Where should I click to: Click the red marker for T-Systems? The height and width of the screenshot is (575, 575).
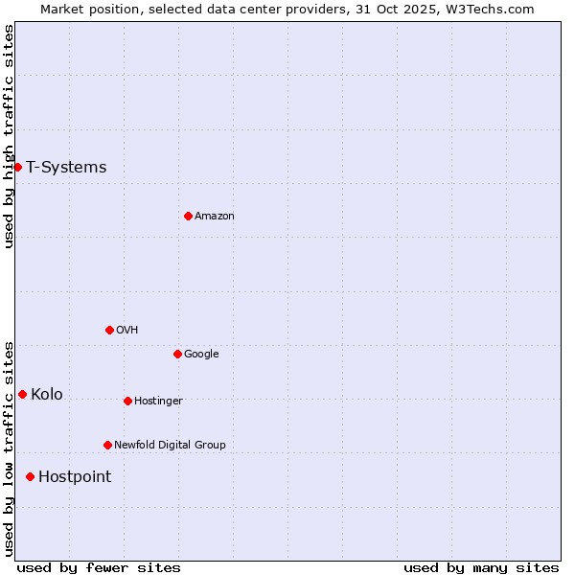point(17,167)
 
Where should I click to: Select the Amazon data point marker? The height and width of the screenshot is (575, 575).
point(188,216)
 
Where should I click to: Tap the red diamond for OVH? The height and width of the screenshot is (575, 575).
point(109,330)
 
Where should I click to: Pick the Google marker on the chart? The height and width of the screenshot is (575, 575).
point(177,354)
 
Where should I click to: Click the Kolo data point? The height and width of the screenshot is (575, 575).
point(22,394)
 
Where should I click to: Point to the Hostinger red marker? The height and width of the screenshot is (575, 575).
point(127,401)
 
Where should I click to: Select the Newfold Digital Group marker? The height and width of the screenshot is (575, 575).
point(107,445)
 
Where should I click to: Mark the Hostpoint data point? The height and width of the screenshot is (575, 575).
point(30,476)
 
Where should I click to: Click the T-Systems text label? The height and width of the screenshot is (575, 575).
point(66,168)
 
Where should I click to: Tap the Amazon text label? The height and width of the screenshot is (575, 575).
point(214,217)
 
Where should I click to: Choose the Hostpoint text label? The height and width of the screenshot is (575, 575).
point(75,477)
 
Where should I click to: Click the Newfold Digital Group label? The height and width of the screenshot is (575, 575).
point(170,445)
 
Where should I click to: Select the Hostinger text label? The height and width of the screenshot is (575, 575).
point(158,401)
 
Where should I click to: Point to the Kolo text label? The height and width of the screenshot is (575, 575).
point(47,395)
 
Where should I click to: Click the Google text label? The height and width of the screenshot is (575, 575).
point(201,355)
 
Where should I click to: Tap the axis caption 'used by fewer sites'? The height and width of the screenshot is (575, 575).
point(99,567)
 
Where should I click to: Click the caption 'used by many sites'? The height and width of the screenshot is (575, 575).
point(481,567)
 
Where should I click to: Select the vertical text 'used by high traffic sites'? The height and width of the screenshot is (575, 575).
point(9,137)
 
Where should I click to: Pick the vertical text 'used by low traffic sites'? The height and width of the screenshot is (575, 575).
point(9,448)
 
